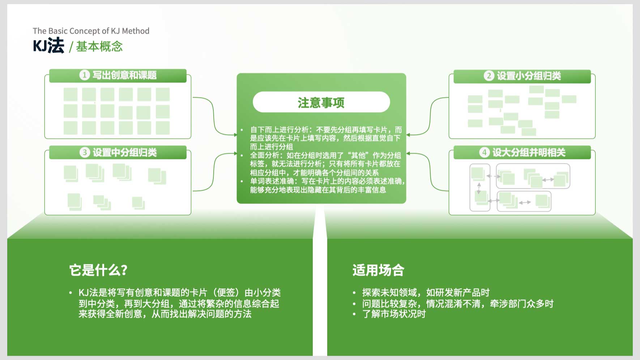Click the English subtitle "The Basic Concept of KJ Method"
(91, 31)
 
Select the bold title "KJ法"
(48, 46)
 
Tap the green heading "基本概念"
(99, 47)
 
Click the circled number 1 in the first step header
(85, 75)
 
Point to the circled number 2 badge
(489, 76)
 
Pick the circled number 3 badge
(85, 152)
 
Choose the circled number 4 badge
(485, 152)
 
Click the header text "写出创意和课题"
(125, 75)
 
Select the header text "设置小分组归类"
(529, 76)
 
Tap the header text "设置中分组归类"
(125, 153)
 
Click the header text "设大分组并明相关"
(529, 153)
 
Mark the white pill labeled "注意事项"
(321, 102)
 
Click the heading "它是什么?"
(98, 270)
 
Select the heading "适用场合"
(379, 270)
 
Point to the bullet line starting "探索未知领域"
(426, 292)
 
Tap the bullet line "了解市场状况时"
(394, 314)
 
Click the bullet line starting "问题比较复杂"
(458, 303)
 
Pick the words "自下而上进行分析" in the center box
(280, 130)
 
